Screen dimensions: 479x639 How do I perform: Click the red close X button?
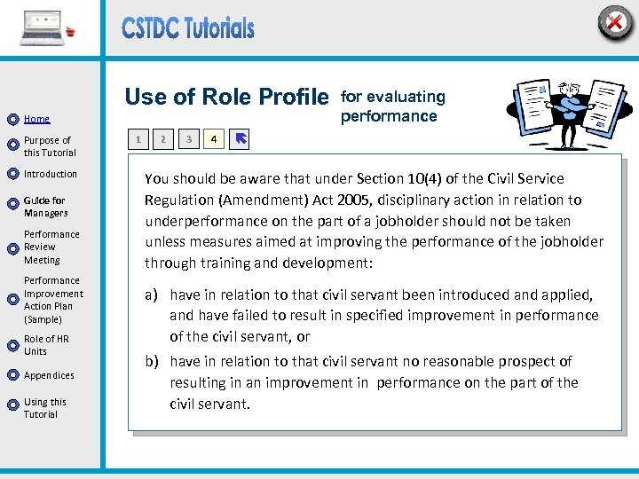click(614, 21)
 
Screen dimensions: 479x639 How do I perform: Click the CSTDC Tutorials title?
click(188, 28)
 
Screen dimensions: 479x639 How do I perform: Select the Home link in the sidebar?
click(36, 119)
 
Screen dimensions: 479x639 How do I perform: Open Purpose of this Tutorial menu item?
click(49, 146)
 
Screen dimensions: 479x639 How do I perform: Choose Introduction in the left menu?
click(51, 174)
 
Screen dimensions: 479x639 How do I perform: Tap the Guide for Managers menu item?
click(45, 207)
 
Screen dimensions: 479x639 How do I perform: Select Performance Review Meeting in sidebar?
click(51, 247)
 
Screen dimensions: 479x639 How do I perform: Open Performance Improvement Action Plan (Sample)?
click(53, 300)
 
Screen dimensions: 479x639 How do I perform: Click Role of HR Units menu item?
click(46, 345)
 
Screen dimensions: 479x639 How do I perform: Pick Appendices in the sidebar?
click(49, 375)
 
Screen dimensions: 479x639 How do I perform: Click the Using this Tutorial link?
click(44, 408)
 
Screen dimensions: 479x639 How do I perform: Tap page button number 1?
click(138, 139)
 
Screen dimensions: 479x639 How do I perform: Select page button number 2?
click(162, 139)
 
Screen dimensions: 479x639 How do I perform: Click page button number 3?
click(188, 139)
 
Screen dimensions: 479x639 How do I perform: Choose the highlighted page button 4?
click(213, 139)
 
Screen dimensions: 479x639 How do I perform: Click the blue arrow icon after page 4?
click(240, 139)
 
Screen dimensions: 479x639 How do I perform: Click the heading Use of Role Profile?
click(227, 97)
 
